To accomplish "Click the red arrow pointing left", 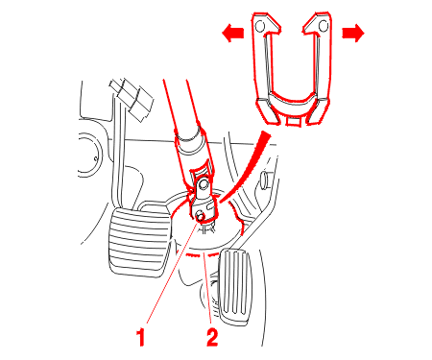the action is pos(233,33).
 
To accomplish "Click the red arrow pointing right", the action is pos(353,33).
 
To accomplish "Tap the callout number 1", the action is pos(141,337).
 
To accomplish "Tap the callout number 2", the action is pos(212,337).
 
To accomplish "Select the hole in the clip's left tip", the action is pos(260,26).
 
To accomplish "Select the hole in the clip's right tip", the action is pos(324,26).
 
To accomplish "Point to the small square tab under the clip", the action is pos(293,121).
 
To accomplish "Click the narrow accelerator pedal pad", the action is pos(235,285).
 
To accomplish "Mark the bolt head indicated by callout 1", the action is pos(201,216).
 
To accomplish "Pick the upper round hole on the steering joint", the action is pos(204,184).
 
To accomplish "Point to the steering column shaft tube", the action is pos(185,128).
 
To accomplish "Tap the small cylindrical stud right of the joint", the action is pos(265,180).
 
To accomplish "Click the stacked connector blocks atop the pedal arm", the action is pos(132,98).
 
